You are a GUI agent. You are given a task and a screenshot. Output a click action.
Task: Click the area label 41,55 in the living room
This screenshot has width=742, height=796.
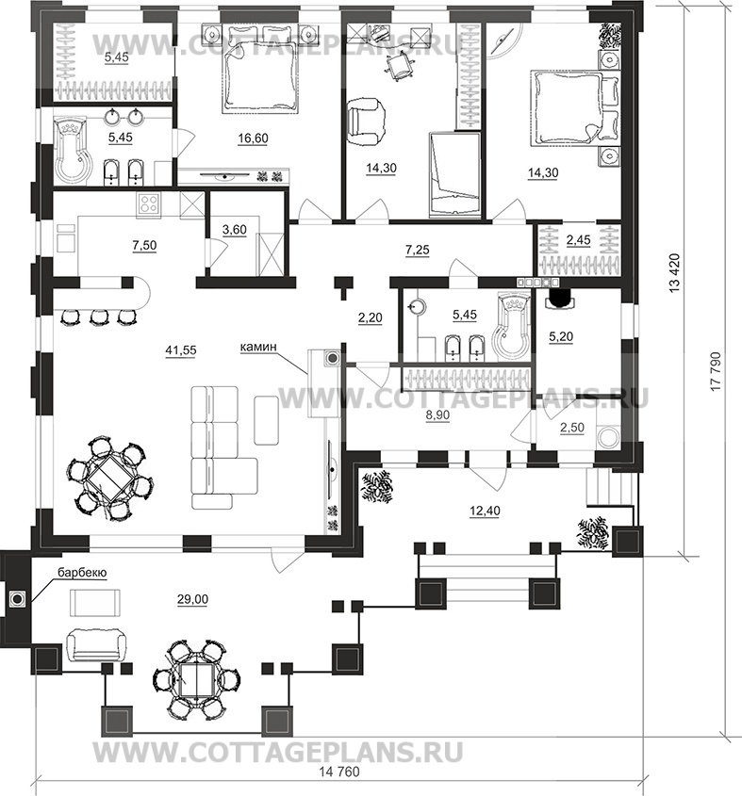click(180, 350)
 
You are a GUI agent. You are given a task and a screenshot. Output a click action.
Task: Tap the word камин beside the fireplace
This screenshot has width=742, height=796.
click(258, 347)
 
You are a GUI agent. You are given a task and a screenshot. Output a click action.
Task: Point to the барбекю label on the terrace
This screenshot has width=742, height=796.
click(82, 573)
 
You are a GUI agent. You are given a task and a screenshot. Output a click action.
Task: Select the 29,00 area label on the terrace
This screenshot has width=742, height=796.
click(192, 599)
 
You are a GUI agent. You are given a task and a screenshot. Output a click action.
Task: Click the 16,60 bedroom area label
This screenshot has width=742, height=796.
click(253, 138)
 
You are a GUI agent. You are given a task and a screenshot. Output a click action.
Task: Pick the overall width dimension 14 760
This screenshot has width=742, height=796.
click(339, 786)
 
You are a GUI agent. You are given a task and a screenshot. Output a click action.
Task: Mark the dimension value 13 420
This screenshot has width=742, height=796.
click(675, 272)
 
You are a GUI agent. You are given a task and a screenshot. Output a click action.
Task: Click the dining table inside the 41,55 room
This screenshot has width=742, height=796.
click(109, 479)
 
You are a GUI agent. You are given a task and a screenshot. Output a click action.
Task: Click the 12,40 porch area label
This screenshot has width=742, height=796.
click(485, 511)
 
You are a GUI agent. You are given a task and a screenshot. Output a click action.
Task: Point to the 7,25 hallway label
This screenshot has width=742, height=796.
click(418, 250)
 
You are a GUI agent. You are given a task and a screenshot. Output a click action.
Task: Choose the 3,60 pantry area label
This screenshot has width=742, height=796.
click(234, 230)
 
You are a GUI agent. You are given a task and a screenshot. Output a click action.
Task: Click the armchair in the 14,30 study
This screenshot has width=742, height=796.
click(366, 122)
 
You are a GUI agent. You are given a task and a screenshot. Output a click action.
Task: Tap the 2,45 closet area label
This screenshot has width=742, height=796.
click(578, 239)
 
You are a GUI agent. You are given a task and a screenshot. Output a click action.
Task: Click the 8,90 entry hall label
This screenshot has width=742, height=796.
click(437, 414)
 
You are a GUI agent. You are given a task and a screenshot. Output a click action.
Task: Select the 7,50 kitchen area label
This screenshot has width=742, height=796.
click(144, 245)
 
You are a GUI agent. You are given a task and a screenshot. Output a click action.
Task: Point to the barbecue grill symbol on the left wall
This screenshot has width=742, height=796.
click(18, 599)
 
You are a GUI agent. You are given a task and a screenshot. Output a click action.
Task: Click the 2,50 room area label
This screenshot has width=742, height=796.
click(571, 428)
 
